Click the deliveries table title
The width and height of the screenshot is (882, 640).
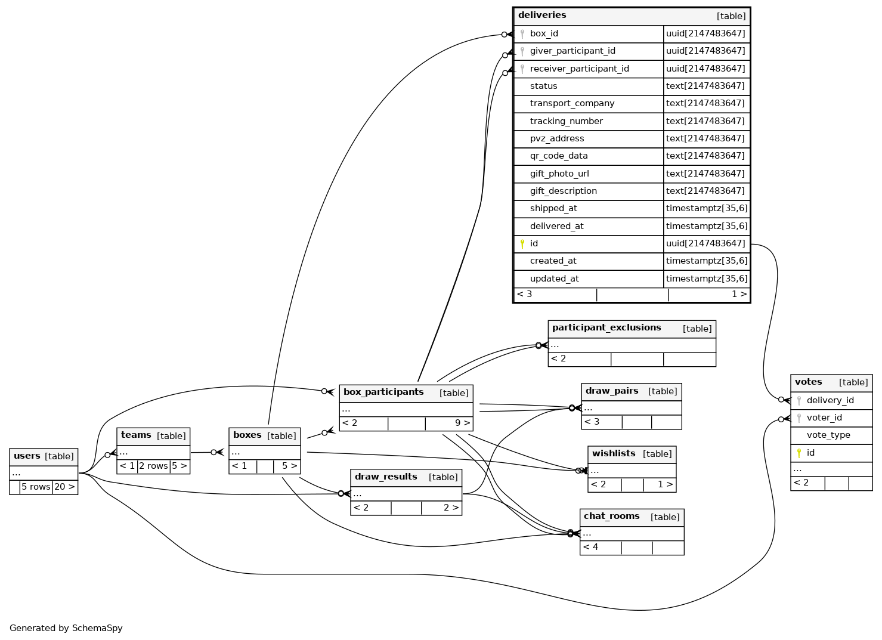tap(542, 16)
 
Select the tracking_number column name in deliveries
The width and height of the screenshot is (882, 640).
tap(566, 121)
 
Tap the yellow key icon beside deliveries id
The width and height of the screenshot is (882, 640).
tap(522, 243)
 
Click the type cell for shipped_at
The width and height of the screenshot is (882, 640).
tap(706, 208)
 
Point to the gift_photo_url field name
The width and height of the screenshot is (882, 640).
tap(559, 174)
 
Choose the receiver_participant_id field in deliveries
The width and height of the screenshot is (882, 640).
tap(579, 69)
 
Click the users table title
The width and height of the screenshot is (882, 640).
tap(27, 456)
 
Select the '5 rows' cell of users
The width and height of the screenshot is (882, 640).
tap(36, 487)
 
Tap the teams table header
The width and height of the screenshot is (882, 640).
tap(136, 435)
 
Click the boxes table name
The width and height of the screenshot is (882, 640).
tap(247, 435)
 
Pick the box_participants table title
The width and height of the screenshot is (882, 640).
tap(383, 392)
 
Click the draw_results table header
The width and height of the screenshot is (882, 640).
tap(386, 477)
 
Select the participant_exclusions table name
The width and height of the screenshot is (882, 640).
tap(606, 328)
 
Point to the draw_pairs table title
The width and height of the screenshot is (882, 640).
tap(612, 391)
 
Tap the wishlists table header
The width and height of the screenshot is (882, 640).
tap(614, 454)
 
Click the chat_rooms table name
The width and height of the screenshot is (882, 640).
tap(611, 517)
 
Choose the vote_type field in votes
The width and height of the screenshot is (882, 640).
tap(828, 435)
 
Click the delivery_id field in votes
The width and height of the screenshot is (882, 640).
tap(830, 400)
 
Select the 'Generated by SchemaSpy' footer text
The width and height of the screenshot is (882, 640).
tap(66, 628)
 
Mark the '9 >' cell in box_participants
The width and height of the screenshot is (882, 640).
tap(462, 423)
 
